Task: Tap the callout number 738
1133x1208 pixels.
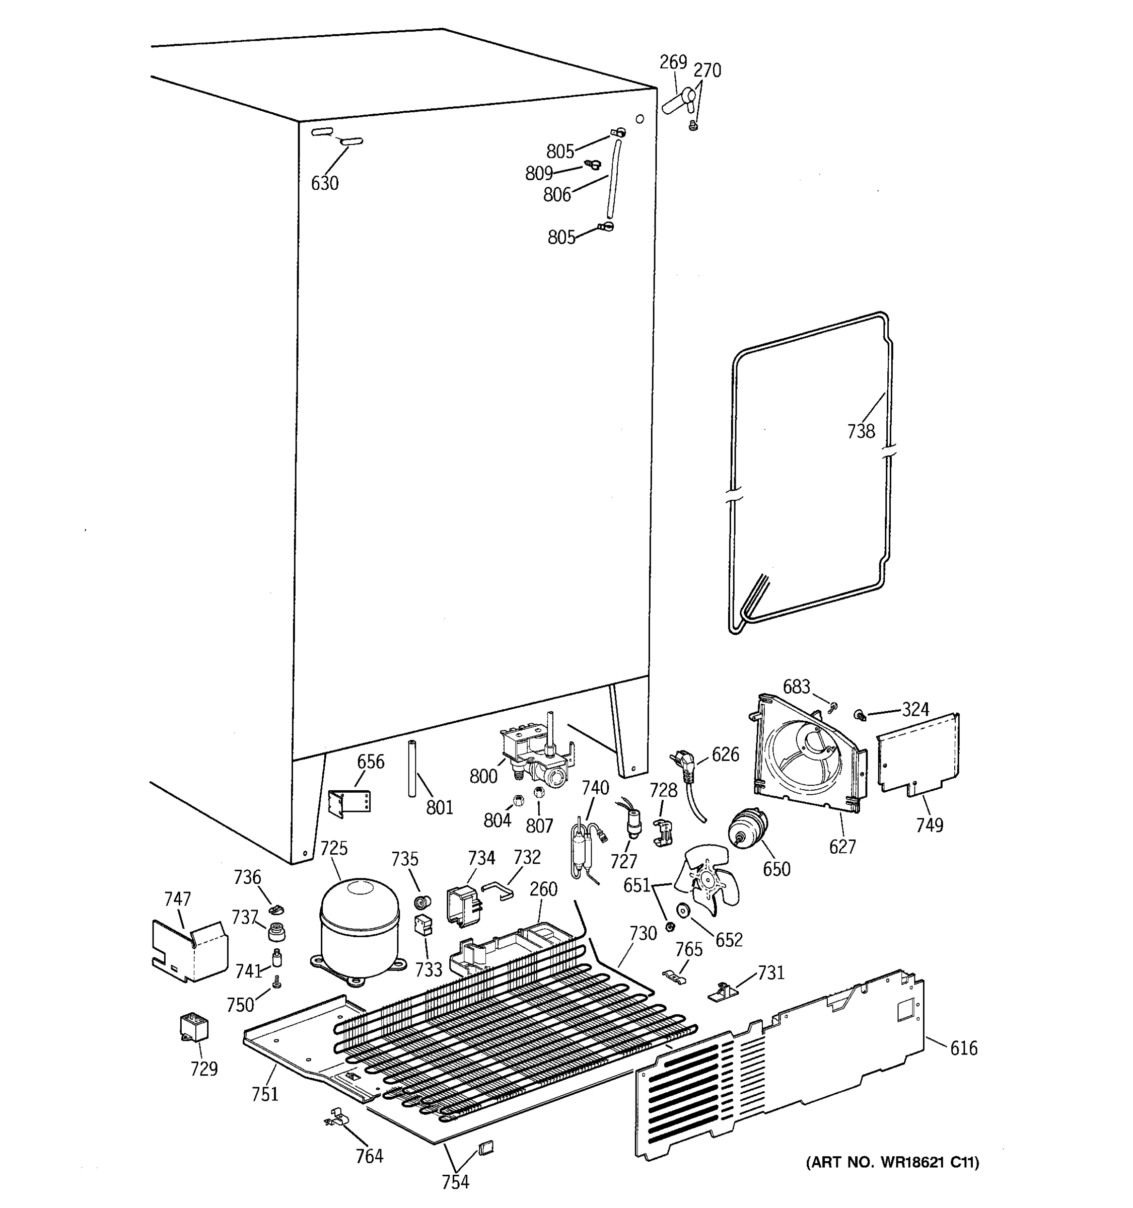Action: point(861,431)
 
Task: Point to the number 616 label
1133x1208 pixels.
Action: point(963,1048)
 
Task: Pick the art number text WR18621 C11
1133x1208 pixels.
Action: point(892,1162)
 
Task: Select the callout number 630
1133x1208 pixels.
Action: point(325,183)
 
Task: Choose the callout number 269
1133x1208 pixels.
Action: point(673,62)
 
